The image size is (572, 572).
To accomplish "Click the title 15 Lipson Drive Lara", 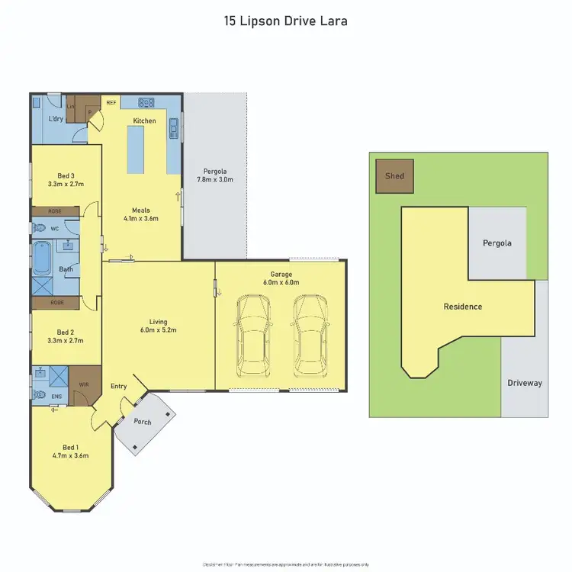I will point(285,21).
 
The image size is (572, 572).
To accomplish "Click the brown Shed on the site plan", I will point(394,175).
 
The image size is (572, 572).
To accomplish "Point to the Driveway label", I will point(525,383).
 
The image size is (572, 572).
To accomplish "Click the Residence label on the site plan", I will point(463,307).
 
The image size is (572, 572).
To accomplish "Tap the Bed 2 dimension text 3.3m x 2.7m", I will point(66,342).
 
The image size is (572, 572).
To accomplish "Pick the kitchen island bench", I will point(137,150).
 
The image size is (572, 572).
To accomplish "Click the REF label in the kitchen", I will point(111,101).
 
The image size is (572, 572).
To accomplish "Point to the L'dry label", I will point(56,121).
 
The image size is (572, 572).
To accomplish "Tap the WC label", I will point(54,227).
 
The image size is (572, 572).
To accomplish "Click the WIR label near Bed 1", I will point(83,385).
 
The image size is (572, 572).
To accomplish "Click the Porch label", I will point(142,422).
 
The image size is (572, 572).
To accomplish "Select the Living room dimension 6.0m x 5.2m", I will point(158,330).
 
